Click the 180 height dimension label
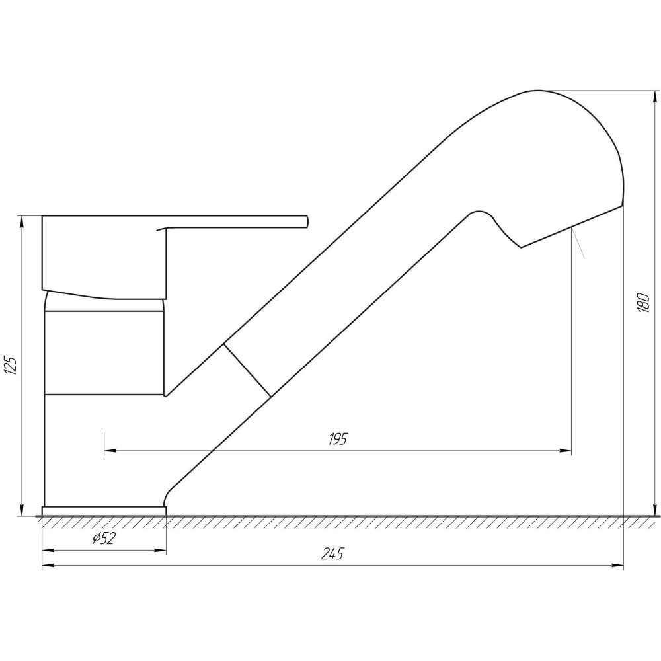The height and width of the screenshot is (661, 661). point(643,301)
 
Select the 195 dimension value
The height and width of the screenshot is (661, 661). point(338,440)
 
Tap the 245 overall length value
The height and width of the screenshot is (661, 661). point(332,553)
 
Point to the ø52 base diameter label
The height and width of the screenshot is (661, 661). point(104,538)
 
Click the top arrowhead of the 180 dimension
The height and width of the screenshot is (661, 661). point(654,97)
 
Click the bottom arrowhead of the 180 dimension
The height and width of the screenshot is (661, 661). point(654,510)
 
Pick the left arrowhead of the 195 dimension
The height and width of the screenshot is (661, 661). point(110,451)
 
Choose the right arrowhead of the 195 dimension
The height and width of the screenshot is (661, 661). point(565,451)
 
